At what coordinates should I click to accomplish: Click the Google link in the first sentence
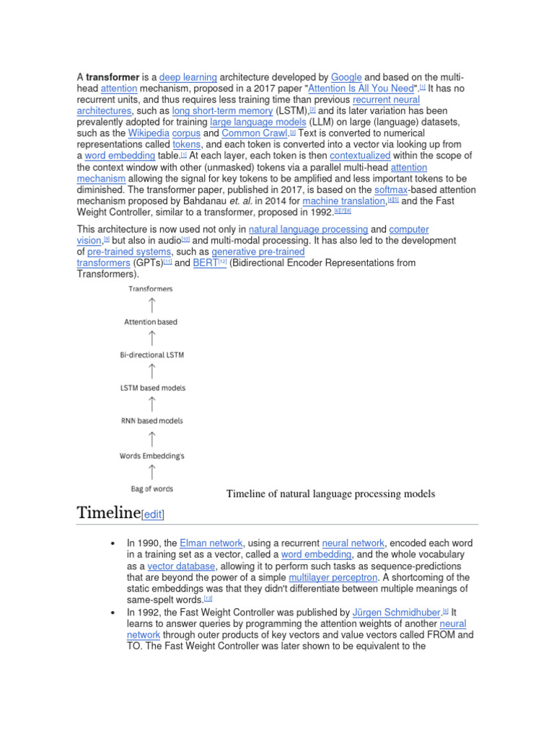click(x=346, y=76)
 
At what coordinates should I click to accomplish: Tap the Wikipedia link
click(x=149, y=133)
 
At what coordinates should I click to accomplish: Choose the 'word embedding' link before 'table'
click(x=120, y=156)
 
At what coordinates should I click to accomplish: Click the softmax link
click(x=391, y=190)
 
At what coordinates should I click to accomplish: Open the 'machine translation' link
click(x=344, y=200)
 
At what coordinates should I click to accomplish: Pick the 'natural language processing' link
click(x=308, y=229)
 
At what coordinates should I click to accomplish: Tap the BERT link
click(x=205, y=263)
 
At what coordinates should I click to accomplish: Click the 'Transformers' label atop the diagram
click(x=151, y=289)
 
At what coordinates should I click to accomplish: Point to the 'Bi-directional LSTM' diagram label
click(x=152, y=355)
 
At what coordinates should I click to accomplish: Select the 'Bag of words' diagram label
click(x=151, y=489)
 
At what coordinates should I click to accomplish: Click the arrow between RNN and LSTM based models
click(x=152, y=404)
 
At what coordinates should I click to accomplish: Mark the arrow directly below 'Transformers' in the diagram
click(x=152, y=305)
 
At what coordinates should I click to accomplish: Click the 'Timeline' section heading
click(x=108, y=512)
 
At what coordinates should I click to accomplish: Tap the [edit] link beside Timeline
click(x=153, y=514)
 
